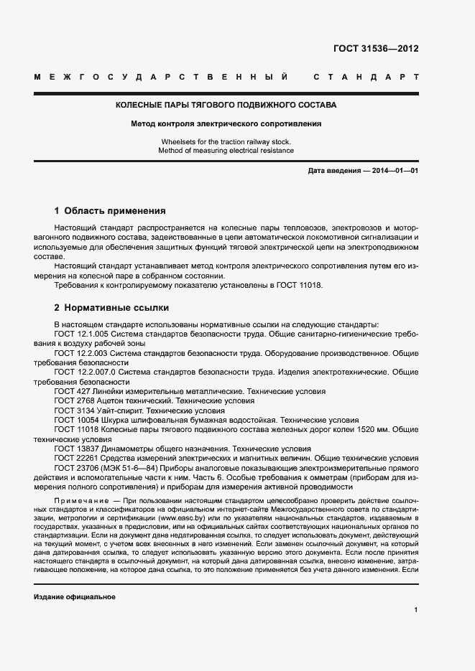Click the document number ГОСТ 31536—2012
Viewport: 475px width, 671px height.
(376, 50)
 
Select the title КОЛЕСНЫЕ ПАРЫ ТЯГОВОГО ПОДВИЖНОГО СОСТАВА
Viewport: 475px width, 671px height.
(226, 105)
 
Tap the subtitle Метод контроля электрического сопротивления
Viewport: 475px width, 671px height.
(226, 123)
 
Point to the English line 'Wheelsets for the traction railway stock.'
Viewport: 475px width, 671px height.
(226, 142)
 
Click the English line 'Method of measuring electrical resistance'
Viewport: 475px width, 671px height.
(226, 151)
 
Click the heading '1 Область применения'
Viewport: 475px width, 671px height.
(110, 211)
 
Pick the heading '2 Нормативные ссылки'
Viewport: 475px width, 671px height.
(111, 308)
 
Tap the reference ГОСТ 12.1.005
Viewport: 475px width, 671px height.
(81, 334)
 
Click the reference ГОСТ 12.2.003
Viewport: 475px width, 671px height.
(81, 354)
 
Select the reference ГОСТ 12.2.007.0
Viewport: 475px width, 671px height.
(85, 372)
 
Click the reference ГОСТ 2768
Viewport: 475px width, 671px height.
(73, 400)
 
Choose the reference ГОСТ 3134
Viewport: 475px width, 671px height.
(73, 410)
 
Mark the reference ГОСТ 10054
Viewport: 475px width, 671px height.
(75, 419)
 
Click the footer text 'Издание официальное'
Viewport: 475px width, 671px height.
(75, 597)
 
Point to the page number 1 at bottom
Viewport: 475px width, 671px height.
(416, 609)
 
